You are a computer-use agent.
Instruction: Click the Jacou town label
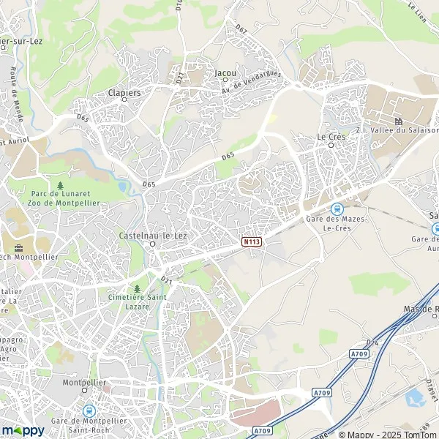(x=225, y=73)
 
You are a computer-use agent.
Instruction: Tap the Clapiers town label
(x=124, y=93)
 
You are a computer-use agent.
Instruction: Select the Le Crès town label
(x=331, y=136)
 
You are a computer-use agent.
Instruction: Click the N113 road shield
(x=251, y=241)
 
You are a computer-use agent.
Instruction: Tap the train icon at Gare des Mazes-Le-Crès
(x=337, y=208)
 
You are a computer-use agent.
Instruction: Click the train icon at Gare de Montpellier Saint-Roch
(x=89, y=411)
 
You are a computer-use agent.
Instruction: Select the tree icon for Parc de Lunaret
(x=60, y=186)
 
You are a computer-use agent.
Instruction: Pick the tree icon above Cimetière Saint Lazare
(x=137, y=288)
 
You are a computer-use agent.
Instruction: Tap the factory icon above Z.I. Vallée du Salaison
(x=399, y=121)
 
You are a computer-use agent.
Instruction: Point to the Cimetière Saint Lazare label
(x=137, y=302)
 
